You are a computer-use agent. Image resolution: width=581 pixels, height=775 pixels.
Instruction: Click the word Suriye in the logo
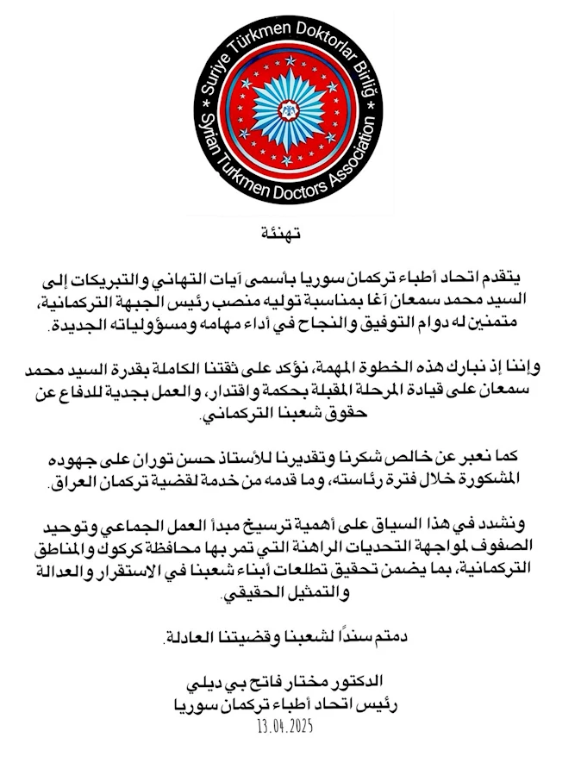(216, 80)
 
